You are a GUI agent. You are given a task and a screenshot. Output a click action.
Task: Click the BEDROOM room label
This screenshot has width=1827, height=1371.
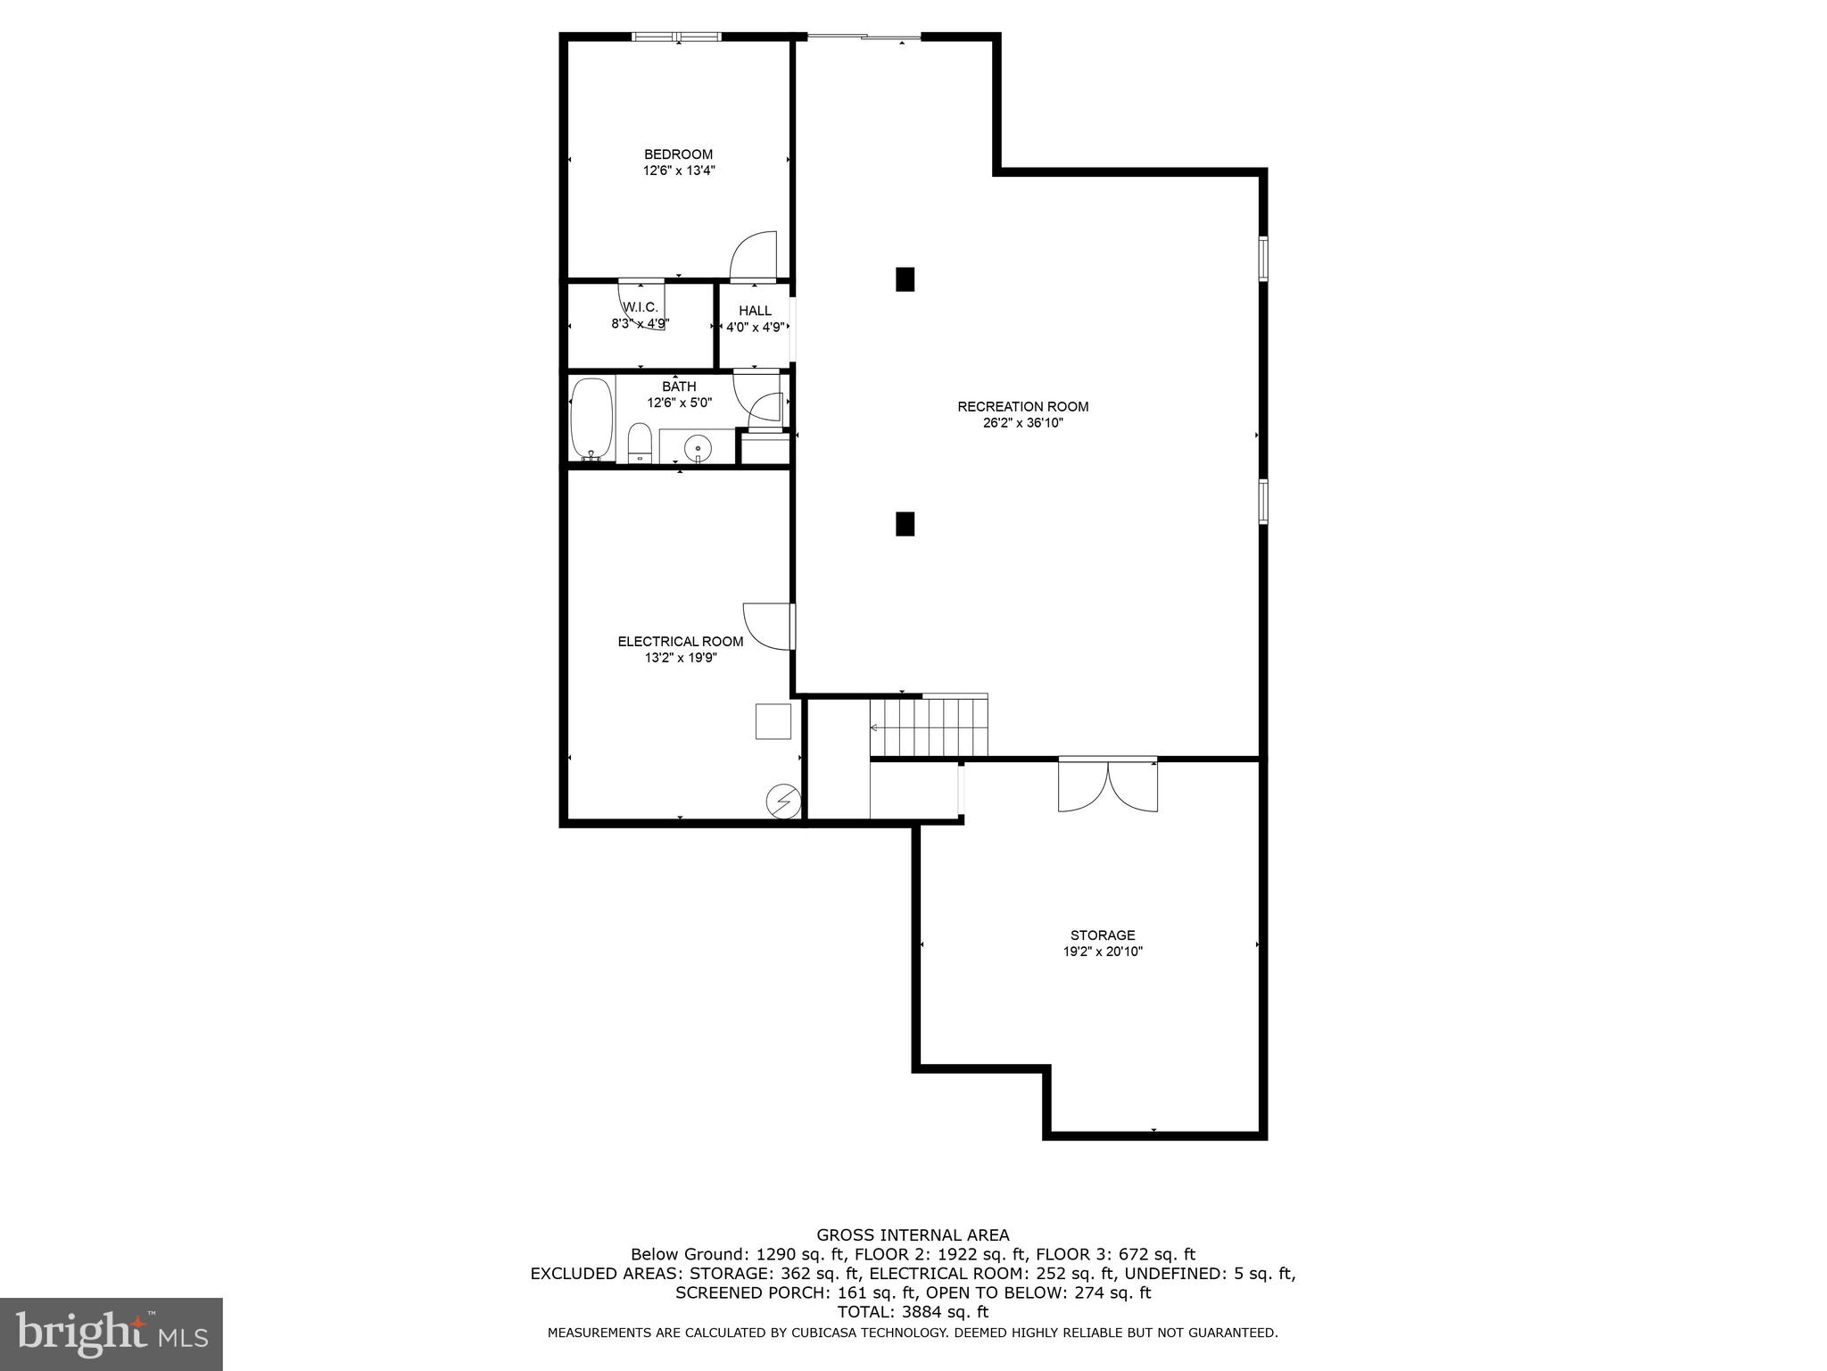pyautogui.click(x=678, y=154)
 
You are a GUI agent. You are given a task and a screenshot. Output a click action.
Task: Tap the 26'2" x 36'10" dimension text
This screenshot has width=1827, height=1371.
pyautogui.click(x=1022, y=423)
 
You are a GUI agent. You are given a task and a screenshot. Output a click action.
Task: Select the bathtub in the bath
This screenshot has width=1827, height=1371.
pyautogui.click(x=591, y=418)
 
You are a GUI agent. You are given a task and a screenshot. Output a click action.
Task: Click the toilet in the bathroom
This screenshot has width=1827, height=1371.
pyautogui.click(x=639, y=444)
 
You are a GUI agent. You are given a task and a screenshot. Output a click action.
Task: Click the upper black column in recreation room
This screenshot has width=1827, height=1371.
pyautogui.click(x=905, y=279)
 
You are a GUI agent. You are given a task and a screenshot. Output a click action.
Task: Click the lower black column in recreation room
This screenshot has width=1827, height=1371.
pyautogui.click(x=905, y=523)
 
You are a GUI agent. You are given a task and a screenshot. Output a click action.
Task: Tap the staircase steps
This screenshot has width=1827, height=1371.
pyautogui.click(x=930, y=727)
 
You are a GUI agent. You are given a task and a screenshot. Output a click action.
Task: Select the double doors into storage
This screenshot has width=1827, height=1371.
pyautogui.click(x=1107, y=785)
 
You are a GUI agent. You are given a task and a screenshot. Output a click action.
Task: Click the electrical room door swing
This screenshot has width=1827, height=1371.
pyautogui.click(x=766, y=626)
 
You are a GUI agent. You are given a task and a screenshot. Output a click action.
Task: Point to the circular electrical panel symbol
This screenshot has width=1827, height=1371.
pyautogui.click(x=783, y=802)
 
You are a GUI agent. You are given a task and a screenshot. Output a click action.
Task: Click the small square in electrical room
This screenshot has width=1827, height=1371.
pyautogui.click(x=773, y=721)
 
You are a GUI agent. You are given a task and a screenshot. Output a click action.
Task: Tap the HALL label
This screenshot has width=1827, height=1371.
pyautogui.click(x=755, y=311)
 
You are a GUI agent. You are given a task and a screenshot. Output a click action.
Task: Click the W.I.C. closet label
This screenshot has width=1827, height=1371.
pyautogui.click(x=641, y=307)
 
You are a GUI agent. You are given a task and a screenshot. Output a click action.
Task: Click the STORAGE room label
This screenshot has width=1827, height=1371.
pyautogui.click(x=1103, y=935)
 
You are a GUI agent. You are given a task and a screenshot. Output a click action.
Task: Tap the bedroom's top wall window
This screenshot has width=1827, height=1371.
pyautogui.click(x=676, y=37)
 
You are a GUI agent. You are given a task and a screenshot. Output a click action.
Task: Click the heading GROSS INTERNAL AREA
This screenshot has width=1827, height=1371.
pyautogui.click(x=913, y=1235)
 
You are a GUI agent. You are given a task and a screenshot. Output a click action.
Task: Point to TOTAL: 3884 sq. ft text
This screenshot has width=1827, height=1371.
pyautogui.click(x=913, y=1312)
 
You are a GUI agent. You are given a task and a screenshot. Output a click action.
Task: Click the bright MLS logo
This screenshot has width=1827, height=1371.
pyautogui.click(x=112, y=1334)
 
